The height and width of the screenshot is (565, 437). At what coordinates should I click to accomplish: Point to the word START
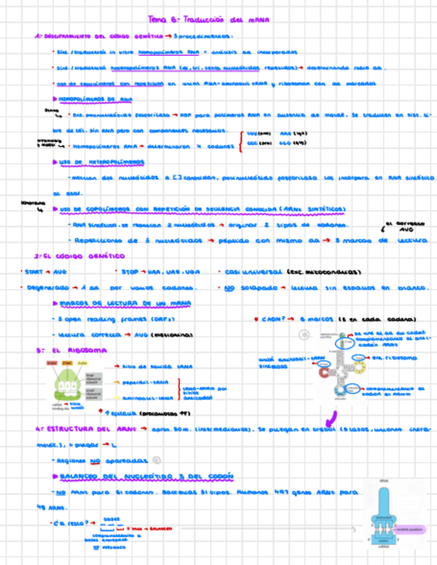pyautogui.click(x=33, y=272)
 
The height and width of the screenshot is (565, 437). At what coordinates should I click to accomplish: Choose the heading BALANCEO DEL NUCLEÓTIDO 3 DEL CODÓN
pyautogui.click(x=146, y=476)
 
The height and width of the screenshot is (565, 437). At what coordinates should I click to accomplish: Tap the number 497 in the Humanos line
pyautogui.click(x=286, y=494)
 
